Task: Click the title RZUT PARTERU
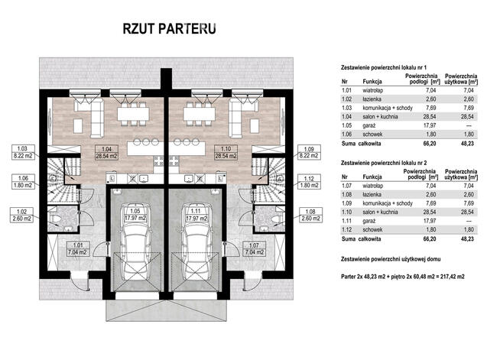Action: (x=169, y=29)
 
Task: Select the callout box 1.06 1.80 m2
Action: (x=21, y=182)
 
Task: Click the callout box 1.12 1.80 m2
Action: (x=310, y=182)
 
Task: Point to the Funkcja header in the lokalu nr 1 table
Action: (x=374, y=79)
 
